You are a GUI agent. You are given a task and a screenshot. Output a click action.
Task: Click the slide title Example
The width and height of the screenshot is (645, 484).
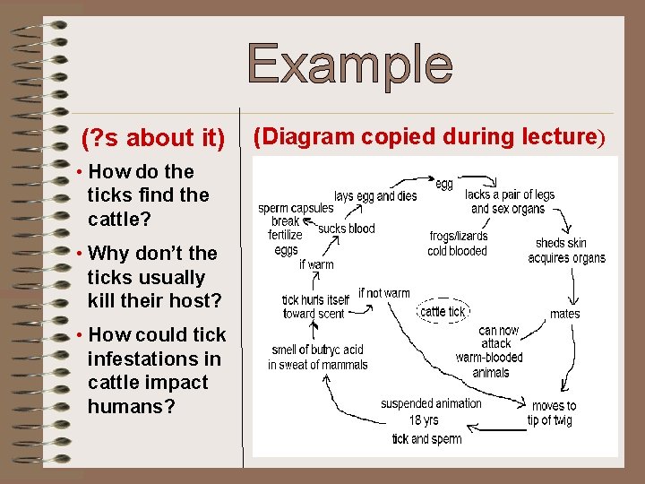pyautogui.click(x=350, y=65)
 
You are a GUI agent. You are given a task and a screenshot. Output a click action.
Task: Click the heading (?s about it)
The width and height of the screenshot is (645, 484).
pyautogui.click(x=153, y=138)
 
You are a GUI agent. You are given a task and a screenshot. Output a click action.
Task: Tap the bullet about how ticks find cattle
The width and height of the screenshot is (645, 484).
pyautogui.click(x=147, y=194)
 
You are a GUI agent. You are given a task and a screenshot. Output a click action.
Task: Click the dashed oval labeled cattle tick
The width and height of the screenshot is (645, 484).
pyautogui.click(x=443, y=311)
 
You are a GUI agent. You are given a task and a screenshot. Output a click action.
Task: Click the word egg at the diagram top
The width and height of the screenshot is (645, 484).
pyautogui.click(x=444, y=184)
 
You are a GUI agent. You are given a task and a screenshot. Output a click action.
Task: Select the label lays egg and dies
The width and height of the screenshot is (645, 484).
pyautogui.click(x=375, y=195)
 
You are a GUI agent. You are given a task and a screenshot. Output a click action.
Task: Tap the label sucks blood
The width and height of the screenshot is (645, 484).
pyautogui.click(x=347, y=229)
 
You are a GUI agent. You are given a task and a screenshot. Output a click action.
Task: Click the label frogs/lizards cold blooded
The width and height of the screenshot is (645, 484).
pyautogui.click(x=458, y=244)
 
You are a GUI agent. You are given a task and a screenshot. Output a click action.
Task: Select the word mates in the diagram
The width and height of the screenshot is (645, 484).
pyautogui.click(x=564, y=314)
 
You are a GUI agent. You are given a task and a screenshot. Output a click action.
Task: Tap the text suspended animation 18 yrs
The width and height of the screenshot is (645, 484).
pyautogui.click(x=430, y=411)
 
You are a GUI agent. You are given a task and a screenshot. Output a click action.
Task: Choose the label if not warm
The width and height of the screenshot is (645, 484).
pyautogui.click(x=383, y=293)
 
